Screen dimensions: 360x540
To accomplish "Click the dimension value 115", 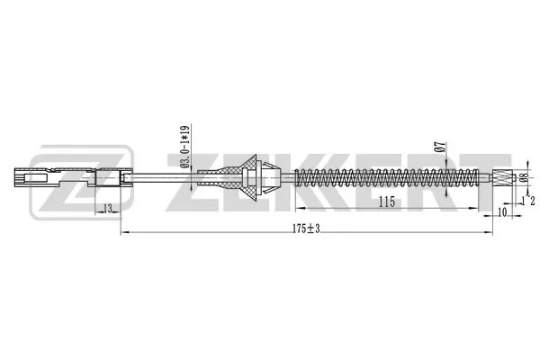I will (386, 203).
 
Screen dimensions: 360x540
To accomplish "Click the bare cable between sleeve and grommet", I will (180, 175).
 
